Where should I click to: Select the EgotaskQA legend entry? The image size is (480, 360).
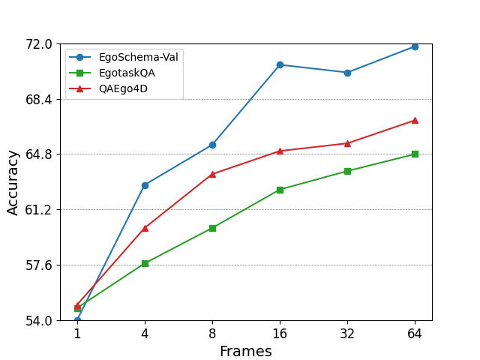[127, 73]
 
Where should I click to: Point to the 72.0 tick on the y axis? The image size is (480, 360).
[37, 44]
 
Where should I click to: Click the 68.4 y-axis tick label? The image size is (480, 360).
[37, 100]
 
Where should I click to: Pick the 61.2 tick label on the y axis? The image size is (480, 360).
[37, 210]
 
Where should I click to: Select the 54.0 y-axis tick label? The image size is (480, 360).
[37, 320]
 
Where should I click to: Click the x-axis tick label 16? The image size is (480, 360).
[280, 334]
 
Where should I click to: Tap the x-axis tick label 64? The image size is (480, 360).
[415, 334]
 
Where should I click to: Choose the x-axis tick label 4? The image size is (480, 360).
[145, 334]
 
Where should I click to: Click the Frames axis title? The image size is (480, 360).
[245, 351]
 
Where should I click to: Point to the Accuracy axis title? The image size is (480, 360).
[13, 182]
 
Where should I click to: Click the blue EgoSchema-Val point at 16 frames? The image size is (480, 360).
[280, 65]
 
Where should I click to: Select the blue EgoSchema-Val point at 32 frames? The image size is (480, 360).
[347, 73]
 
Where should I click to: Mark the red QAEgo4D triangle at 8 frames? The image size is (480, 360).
[212, 174]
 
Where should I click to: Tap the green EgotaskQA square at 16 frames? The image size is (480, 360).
[280, 190]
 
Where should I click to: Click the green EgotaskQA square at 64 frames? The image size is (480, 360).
[415, 154]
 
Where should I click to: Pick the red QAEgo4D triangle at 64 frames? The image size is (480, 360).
[415, 120]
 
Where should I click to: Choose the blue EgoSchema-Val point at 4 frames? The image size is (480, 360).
[145, 185]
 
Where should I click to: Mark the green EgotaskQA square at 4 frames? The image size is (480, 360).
[145, 263]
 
